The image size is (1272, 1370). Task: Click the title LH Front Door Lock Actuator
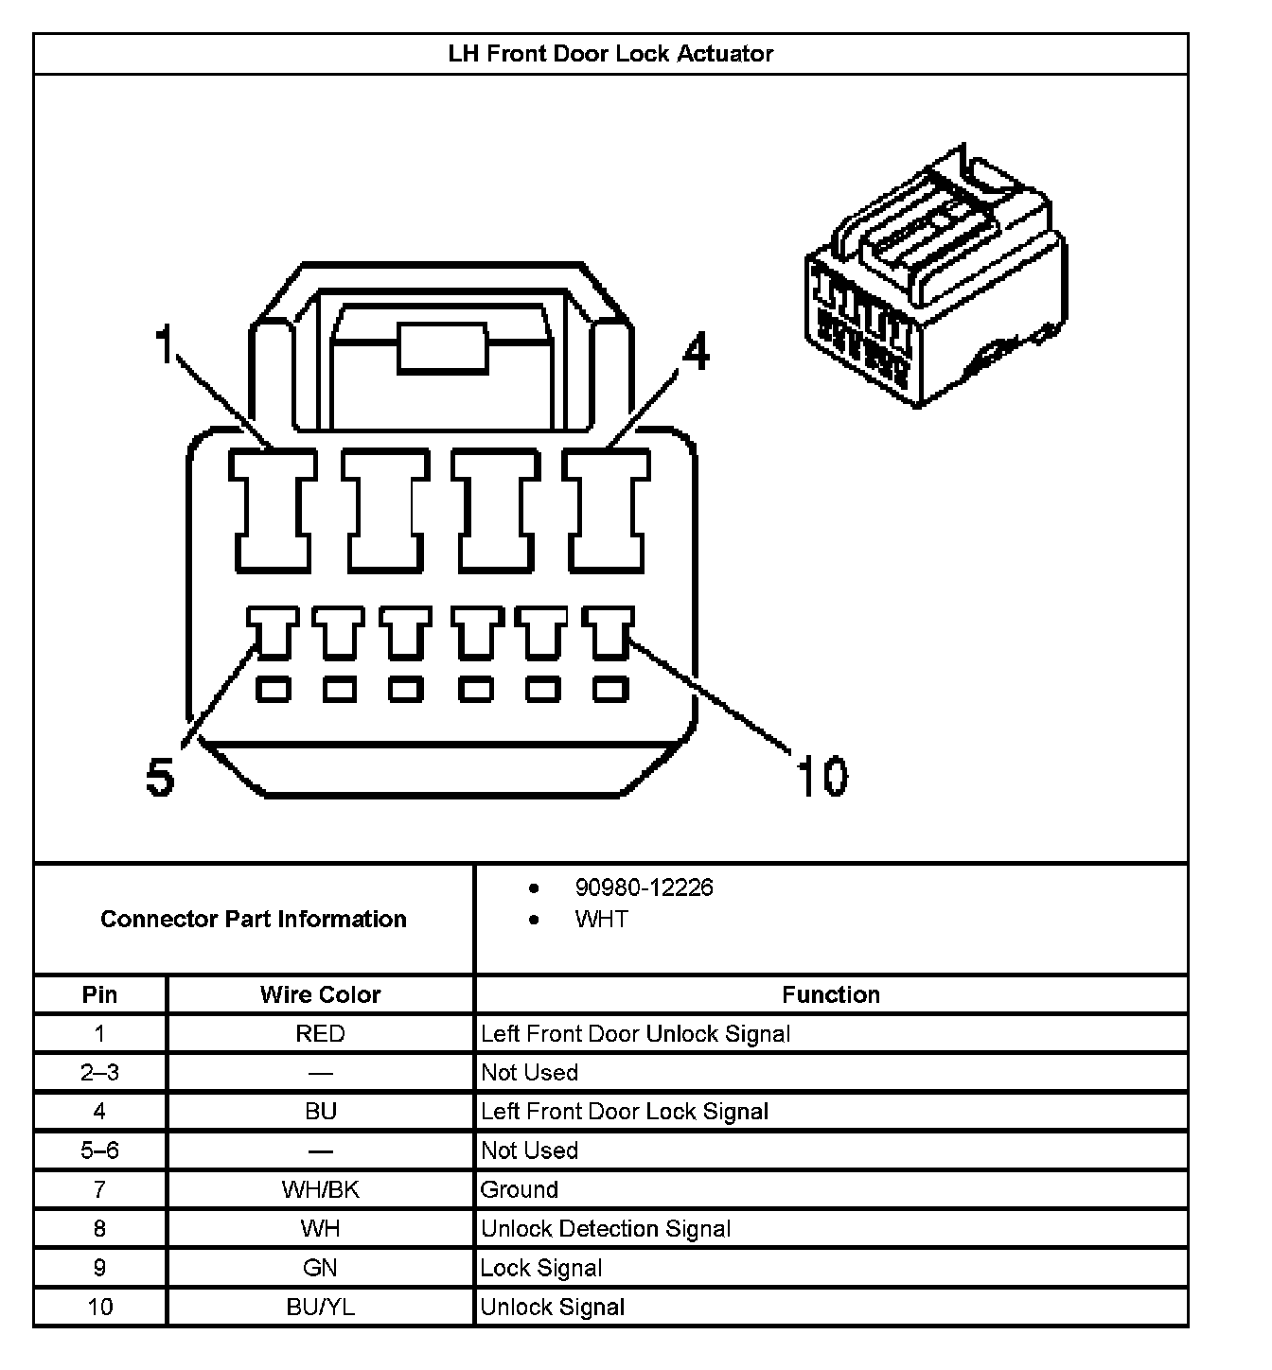click(x=610, y=54)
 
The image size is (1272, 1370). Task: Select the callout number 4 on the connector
click(x=696, y=353)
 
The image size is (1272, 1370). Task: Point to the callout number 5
click(x=160, y=778)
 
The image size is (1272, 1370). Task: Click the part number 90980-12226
click(x=644, y=887)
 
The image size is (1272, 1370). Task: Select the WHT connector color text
click(x=601, y=920)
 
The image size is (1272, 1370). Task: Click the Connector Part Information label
click(x=254, y=919)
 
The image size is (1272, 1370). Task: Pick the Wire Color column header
click(x=320, y=994)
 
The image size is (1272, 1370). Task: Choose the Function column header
click(x=830, y=994)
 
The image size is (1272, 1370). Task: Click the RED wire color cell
click(x=320, y=1033)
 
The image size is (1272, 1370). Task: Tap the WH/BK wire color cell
click(x=320, y=1189)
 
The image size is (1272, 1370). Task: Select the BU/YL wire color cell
click(x=320, y=1307)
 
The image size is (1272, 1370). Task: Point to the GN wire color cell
click(x=320, y=1268)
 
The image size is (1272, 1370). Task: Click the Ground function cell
click(x=520, y=1189)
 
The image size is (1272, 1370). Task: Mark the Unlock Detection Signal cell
click(x=606, y=1229)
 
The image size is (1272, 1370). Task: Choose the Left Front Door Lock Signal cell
click(x=625, y=1112)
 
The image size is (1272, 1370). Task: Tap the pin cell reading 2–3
click(x=99, y=1073)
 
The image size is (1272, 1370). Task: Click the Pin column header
click(x=99, y=994)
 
